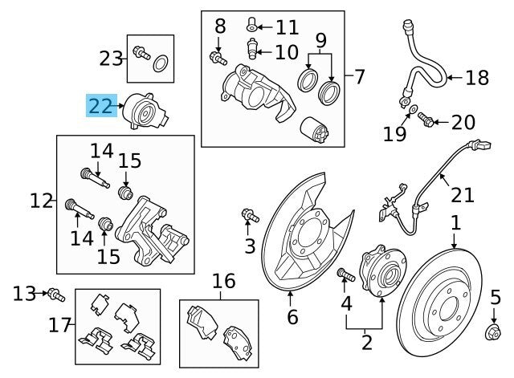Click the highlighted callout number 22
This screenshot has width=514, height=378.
(101, 104)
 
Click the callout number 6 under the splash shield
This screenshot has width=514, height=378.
(292, 317)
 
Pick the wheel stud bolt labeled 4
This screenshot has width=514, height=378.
(345, 275)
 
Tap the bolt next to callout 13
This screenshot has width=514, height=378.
(55, 294)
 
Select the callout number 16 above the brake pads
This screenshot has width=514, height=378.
(224, 282)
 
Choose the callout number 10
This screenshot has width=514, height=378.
(286, 53)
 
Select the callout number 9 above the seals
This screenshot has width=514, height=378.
(320, 39)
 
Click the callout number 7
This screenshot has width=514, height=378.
(358, 78)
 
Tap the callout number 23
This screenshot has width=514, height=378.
(110, 57)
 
